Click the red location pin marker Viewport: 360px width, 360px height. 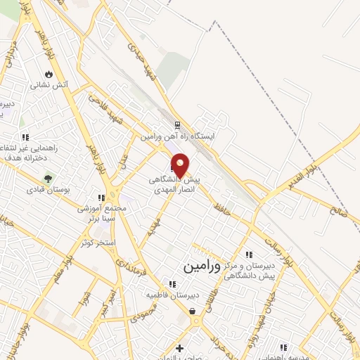(x=181, y=165)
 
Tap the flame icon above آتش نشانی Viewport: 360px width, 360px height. (x=49, y=74)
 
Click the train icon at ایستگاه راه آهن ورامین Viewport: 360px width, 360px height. (x=177, y=125)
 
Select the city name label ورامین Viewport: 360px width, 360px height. (x=202, y=266)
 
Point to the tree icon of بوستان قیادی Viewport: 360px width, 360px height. (x=48, y=179)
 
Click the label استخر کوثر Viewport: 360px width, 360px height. (x=98, y=242)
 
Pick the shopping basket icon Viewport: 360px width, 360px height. (x=192, y=311)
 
